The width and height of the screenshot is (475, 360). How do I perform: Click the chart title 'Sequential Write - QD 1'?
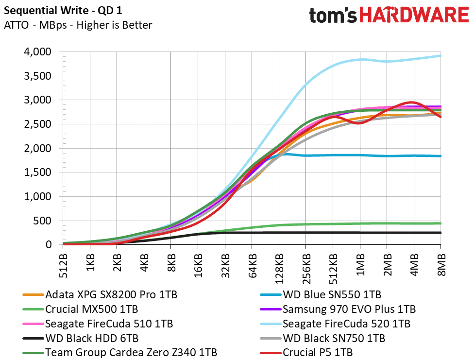[63, 11]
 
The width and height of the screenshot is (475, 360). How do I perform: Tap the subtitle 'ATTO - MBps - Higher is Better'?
[78, 25]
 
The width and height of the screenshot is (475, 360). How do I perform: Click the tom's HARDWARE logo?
[389, 15]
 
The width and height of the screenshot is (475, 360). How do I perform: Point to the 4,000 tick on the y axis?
[38, 52]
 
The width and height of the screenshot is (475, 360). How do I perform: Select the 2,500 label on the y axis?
[38, 124]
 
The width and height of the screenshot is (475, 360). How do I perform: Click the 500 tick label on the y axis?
[42, 221]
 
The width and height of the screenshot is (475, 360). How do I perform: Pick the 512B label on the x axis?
[63, 266]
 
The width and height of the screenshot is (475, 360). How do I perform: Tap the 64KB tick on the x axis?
[252, 266]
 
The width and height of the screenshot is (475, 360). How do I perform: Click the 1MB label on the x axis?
[360, 265]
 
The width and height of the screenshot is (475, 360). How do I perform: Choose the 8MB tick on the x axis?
[441, 265]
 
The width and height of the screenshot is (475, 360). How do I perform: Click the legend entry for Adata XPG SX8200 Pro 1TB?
[100, 294]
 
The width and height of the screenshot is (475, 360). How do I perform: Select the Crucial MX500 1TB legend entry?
[80, 309]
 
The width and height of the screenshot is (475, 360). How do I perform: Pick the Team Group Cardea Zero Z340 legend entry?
[119, 353]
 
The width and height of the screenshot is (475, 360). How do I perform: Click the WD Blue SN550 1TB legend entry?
[321, 294]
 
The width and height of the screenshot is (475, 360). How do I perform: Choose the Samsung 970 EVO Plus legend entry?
[338, 309]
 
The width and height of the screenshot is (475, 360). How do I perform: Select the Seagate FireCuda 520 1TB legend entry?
[335, 324]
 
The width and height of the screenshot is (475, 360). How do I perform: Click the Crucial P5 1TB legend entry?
[306, 353]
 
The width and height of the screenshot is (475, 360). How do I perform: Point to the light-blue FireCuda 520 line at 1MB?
[360, 59]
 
